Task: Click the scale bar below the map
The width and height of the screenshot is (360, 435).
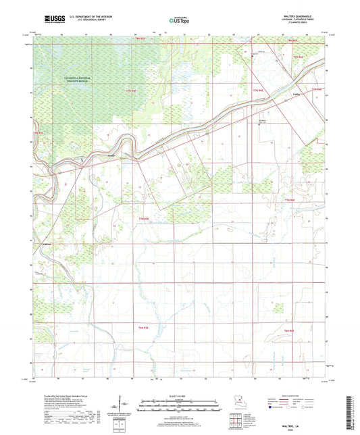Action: tap(180, 408)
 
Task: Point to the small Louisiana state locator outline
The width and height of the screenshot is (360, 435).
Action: tap(239, 402)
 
